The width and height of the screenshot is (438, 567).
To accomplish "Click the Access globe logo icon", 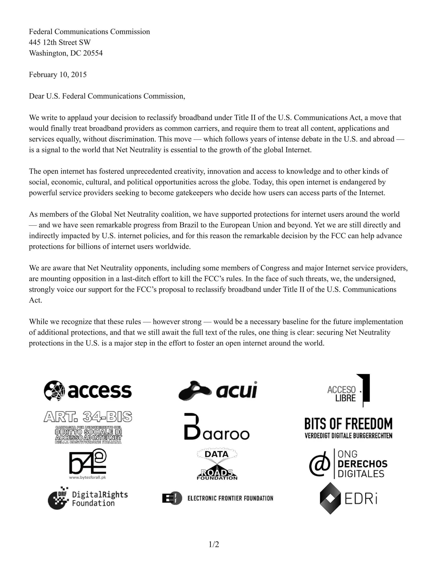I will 55,390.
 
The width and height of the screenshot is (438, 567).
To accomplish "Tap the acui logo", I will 218,390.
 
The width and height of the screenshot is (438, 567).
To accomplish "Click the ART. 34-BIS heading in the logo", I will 88,417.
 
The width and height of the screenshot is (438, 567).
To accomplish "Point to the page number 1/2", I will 214,544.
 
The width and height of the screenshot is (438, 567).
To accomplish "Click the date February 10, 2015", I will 58,75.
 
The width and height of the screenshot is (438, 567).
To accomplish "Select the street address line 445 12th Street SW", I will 60,42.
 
